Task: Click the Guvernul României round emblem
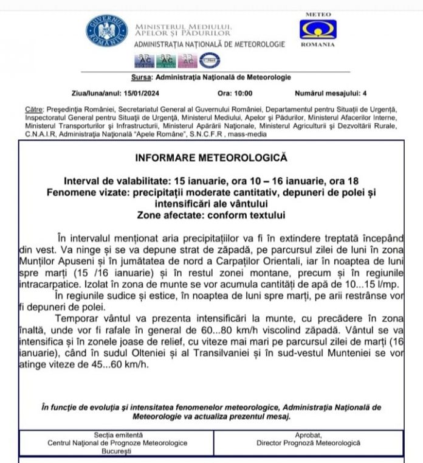(106, 31)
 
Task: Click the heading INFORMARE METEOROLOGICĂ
(210, 158)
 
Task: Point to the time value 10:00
(242, 94)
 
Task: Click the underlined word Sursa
(142, 77)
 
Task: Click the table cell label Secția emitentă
(118, 435)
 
